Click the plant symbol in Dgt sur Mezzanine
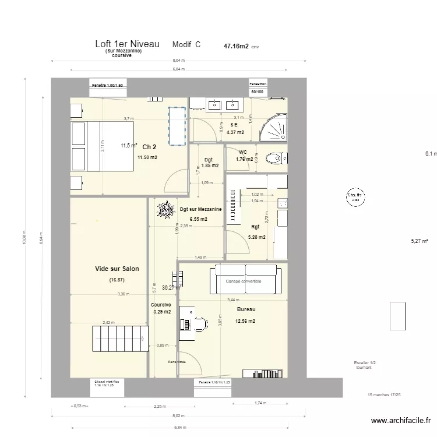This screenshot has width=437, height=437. [165, 210]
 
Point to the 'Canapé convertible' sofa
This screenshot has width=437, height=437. [248, 280]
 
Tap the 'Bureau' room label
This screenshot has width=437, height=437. [246, 309]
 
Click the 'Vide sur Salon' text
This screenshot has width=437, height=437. [117, 269]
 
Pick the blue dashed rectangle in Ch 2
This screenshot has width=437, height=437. [177, 125]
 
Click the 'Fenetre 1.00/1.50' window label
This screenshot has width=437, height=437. [108, 85]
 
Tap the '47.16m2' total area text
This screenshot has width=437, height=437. [236, 45]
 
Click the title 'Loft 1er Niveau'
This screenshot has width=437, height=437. [127, 44]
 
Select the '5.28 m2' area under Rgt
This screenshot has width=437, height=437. [256, 237]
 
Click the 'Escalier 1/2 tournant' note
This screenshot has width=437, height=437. [365, 365]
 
